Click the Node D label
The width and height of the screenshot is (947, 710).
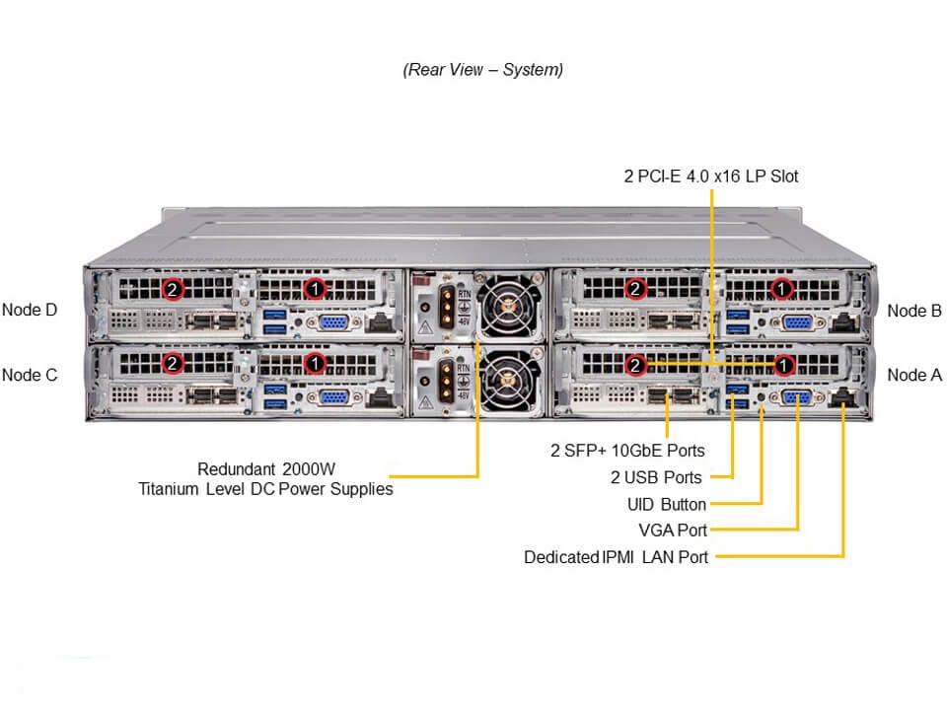(x=30, y=310)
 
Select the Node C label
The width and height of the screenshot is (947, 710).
(x=30, y=375)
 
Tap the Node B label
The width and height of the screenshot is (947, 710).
(x=914, y=311)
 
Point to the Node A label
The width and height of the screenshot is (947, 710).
(x=914, y=375)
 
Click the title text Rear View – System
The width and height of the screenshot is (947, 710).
(x=483, y=70)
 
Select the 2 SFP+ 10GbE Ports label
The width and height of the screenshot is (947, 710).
(x=627, y=451)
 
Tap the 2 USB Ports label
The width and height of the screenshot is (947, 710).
(x=656, y=477)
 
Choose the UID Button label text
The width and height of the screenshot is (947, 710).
(x=667, y=505)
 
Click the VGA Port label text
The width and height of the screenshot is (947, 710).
(x=673, y=531)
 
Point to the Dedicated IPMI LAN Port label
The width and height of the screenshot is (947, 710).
(x=617, y=557)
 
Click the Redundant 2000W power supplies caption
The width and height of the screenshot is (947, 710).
(x=265, y=478)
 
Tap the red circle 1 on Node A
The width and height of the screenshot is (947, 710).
(x=782, y=365)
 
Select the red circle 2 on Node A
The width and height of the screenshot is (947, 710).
(x=636, y=365)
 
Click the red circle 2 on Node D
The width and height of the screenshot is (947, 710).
(x=174, y=289)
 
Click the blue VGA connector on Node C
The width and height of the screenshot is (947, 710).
(x=332, y=397)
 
